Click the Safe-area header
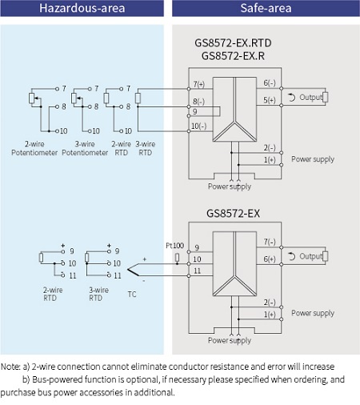click(x=266, y=9)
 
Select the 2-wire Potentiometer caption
click(x=29, y=149)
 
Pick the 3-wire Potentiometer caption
click(x=79, y=149)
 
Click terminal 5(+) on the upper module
click(x=270, y=101)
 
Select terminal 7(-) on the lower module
click(x=270, y=241)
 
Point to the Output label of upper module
click(x=310, y=98)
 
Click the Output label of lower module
click(x=310, y=256)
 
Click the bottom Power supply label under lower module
click(x=230, y=340)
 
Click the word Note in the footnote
click(x=10, y=366)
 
